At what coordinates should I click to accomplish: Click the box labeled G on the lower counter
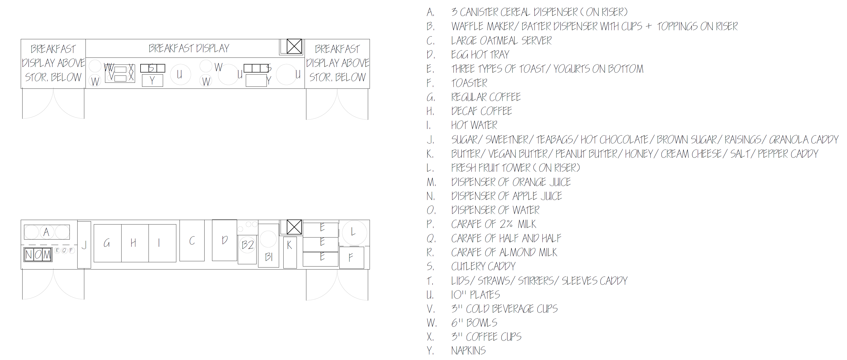click(108, 243)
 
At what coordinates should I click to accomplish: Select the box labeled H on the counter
click(135, 243)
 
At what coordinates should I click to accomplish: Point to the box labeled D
click(225, 240)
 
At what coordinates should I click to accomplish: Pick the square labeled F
click(352, 257)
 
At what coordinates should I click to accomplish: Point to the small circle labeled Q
click(64, 250)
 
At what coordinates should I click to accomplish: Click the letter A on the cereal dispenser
click(46, 232)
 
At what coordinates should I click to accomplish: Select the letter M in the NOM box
click(47, 254)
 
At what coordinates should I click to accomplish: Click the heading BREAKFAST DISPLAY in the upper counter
click(189, 48)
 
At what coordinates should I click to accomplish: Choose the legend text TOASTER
click(469, 83)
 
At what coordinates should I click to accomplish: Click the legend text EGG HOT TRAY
click(480, 54)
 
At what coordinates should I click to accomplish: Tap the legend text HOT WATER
click(474, 125)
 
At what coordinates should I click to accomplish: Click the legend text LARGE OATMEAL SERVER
click(501, 41)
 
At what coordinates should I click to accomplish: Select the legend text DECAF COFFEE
click(482, 111)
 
